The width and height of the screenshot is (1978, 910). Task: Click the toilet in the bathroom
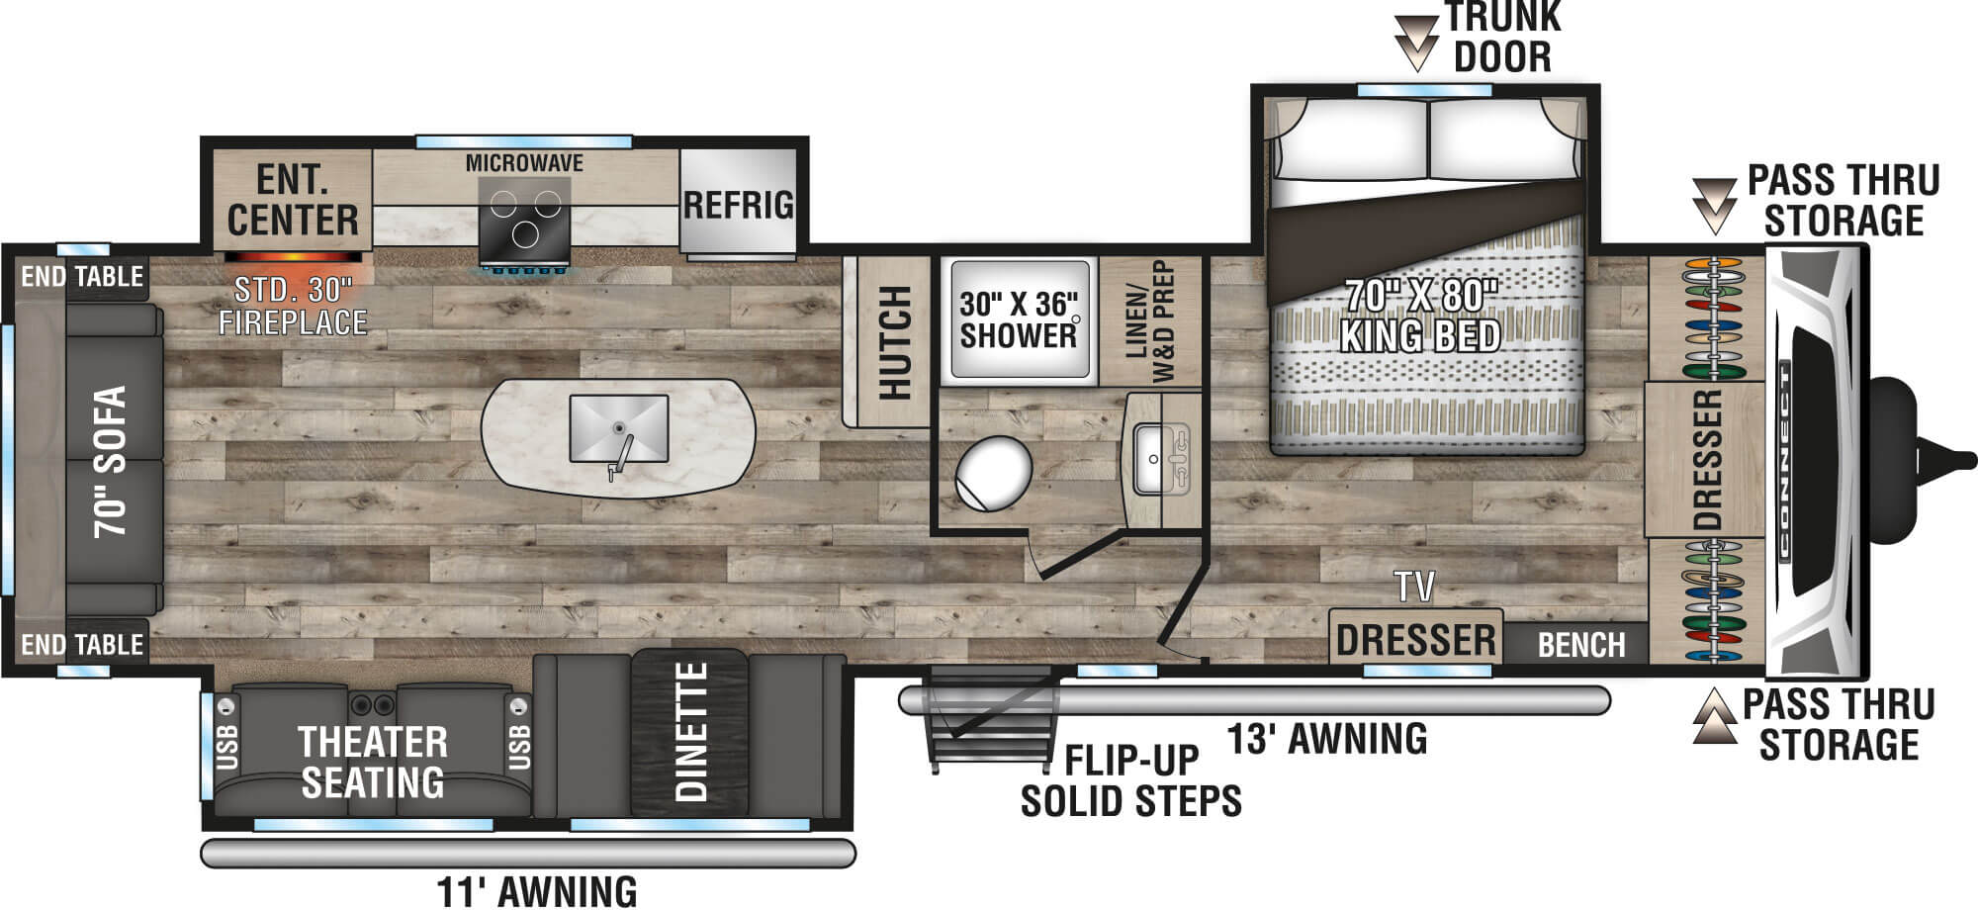coord(993,473)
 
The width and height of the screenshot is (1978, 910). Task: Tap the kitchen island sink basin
coord(618,427)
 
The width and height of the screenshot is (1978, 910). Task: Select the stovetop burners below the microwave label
coord(524,217)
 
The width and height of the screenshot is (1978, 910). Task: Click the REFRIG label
coord(739,205)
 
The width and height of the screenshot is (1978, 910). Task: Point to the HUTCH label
coord(894,342)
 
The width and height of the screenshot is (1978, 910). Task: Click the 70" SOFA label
coord(111,462)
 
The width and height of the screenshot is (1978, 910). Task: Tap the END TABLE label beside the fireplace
coord(83,276)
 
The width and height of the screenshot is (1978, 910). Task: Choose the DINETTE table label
coord(691,732)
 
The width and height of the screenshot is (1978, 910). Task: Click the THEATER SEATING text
coord(373,762)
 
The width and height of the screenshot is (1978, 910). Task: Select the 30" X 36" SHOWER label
coord(1019,319)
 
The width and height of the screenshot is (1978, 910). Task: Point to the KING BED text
coord(1420,336)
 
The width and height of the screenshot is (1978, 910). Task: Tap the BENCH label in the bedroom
coord(1581,645)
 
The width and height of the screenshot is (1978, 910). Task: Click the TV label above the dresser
coord(1415,587)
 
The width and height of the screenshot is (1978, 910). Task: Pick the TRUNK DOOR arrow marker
coord(1416,43)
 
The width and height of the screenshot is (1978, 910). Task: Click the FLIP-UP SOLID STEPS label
coord(1130,780)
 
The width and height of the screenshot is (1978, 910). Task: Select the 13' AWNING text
coord(1327,739)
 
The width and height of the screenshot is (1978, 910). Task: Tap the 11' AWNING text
coord(537,891)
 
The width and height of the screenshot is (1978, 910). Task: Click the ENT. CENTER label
coord(293,201)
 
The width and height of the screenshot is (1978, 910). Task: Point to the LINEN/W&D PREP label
coord(1150,321)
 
